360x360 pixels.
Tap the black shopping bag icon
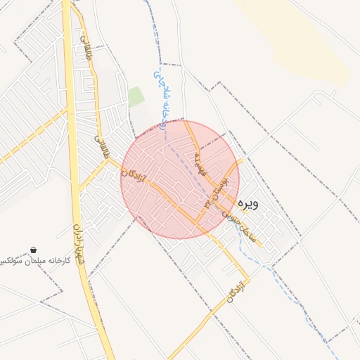(x=33, y=250)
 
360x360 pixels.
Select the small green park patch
(x=136, y=97)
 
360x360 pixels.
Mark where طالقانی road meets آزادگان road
(x=108, y=160)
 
